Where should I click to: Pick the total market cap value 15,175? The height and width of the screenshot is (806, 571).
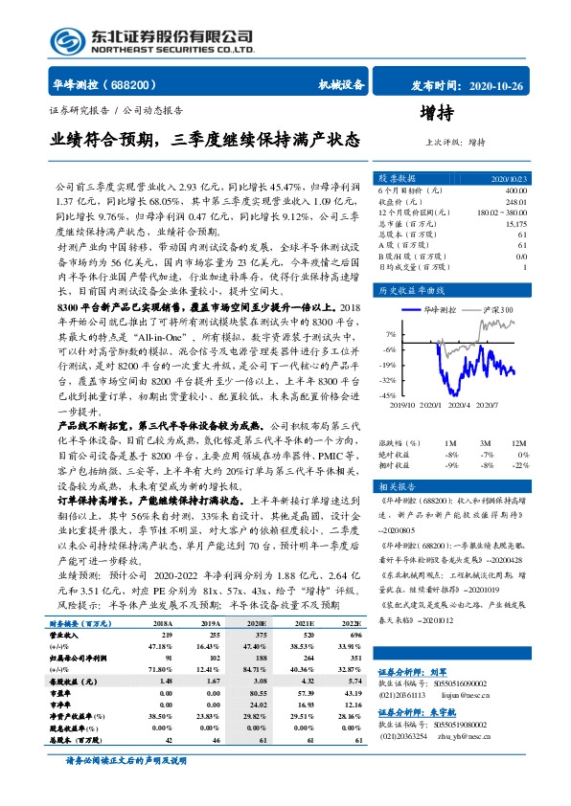point(514,223)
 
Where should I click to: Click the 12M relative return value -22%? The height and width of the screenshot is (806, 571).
point(519,464)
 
